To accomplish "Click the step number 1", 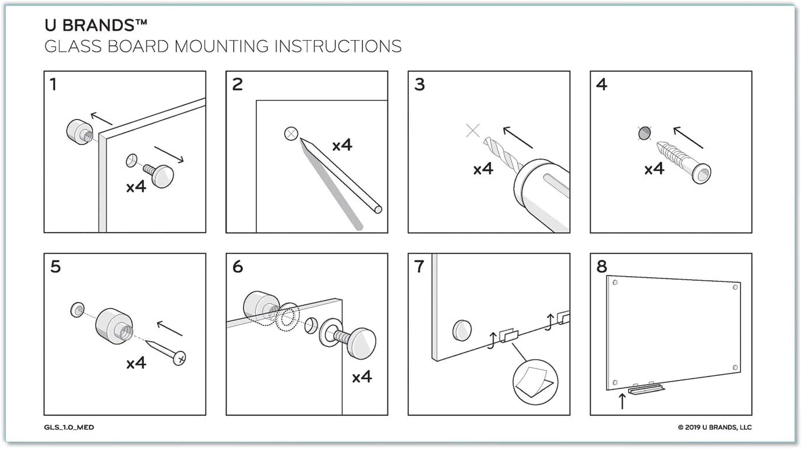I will (53, 85).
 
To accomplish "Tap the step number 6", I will (237, 267).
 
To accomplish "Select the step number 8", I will (601, 267).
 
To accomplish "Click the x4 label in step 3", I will (483, 169).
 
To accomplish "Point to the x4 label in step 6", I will (361, 377).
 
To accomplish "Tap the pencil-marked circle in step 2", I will (291, 134).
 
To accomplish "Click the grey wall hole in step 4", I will (643, 134).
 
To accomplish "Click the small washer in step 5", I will (76, 309).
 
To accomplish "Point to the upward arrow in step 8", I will (622, 400).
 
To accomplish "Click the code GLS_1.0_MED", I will (69, 428).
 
